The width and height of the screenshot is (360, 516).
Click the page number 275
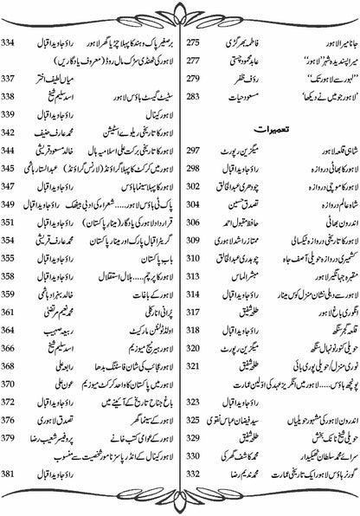click(x=196, y=42)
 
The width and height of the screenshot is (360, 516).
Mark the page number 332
click(x=196, y=475)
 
